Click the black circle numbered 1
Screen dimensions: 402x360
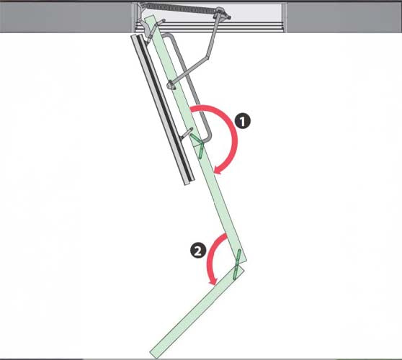coord(243,121)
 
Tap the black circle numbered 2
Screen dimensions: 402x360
coord(198,251)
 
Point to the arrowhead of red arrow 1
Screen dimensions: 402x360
coord(219,169)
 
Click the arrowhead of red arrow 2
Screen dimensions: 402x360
coord(213,281)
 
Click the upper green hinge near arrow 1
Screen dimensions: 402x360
coord(199,146)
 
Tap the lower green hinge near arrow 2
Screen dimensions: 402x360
coord(236,264)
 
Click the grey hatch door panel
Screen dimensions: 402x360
coord(163,109)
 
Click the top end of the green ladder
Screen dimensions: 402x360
coord(150,17)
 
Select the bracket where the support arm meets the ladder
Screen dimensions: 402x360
coord(171,85)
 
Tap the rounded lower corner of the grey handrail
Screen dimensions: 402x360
coord(207,138)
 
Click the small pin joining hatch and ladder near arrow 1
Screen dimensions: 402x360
coord(187,133)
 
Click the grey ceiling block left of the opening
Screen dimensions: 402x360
coord(66,17)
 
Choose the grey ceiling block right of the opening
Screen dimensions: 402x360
coord(344,17)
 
